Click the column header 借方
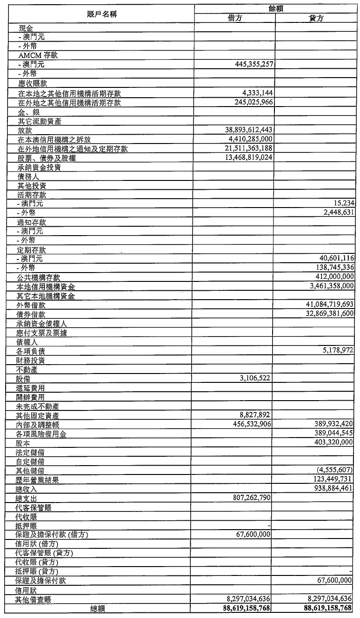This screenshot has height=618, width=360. click(x=234, y=18)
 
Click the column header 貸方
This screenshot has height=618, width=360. click(x=316, y=18)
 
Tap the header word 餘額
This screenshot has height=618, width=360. click(x=275, y=8)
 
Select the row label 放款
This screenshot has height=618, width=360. click(x=25, y=130)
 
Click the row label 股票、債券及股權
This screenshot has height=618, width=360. click(x=46, y=158)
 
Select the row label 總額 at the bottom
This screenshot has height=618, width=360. click(x=98, y=608)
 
